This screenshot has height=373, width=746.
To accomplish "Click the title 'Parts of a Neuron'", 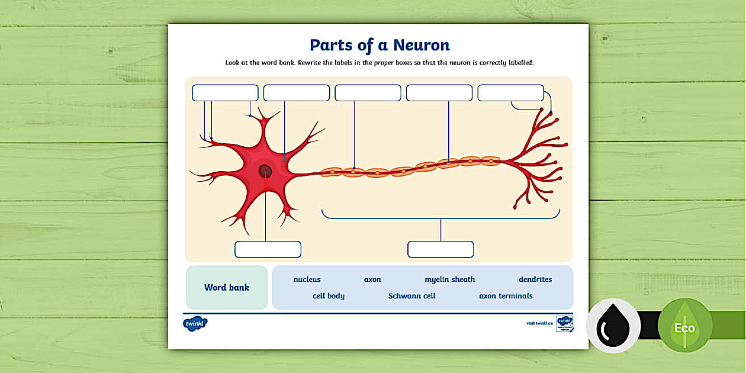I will pyautogui.click(x=380, y=45).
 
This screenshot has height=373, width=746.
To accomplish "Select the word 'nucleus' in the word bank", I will pyautogui.click(x=307, y=279).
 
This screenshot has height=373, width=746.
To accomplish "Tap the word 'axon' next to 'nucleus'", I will pyautogui.click(x=372, y=279).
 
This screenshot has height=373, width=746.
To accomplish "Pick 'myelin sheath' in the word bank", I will pyautogui.click(x=449, y=279).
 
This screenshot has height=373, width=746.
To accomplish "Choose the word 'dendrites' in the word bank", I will pyautogui.click(x=535, y=279).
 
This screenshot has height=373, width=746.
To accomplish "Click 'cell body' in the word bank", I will pyautogui.click(x=328, y=296).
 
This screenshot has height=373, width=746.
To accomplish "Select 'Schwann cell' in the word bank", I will pyautogui.click(x=411, y=296).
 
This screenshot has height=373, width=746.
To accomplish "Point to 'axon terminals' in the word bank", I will pyautogui.click(x=506, y=296).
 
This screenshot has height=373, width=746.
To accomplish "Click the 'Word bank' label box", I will pyautogui.click(x=227, y=288).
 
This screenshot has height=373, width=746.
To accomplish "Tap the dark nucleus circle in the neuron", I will pyautogui.click(x=265, y=171).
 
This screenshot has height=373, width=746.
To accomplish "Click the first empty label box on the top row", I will pyautogui.click(x=225, y=93).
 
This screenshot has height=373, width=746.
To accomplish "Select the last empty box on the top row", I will pyautogui.click(x=510, y=93).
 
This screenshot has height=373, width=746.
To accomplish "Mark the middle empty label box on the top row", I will pyautogui.click(x=368, y=93).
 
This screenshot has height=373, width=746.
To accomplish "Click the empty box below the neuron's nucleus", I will pyautogui.click(x=268, y=249).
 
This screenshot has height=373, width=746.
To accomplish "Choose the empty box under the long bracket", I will pyautogui.click(x=440, y=249).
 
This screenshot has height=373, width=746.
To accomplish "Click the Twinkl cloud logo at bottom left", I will pyautogui.click(x=195, y=324).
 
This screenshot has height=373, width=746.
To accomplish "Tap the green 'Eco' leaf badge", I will pyautogui.click(x=684, y=326).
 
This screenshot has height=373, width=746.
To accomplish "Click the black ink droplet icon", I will pyautogui.click(x=613, y=326).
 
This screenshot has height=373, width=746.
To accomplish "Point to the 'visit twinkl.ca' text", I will pyautogui.click(x=539, y=323).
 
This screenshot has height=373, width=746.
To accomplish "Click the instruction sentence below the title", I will pyautogui.click(x=380, y=62).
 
